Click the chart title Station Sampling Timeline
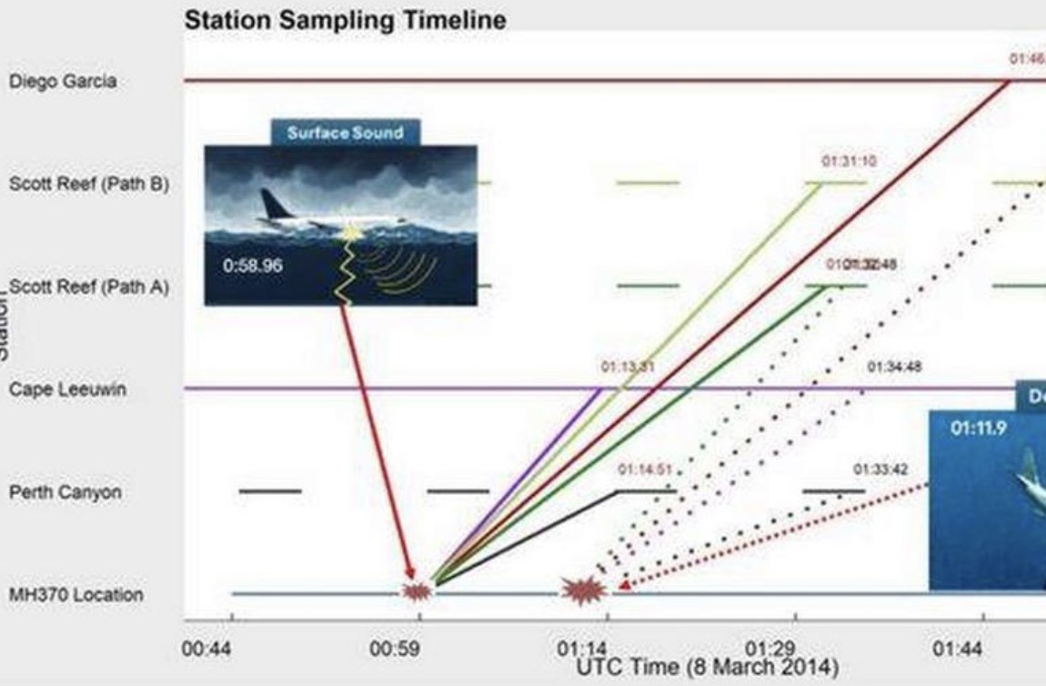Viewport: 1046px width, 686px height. (345, 20)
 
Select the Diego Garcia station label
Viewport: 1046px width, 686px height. (63, 81)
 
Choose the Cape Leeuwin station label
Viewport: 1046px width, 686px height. (67, 389)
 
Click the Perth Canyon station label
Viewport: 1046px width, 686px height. (65, 492)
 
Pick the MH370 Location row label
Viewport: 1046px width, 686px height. (75, 595)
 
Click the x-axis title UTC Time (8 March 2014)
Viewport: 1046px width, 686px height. (707, 667)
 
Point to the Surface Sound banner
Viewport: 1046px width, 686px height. (345, 133)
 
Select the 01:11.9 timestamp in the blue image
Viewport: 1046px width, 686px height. (980, 428)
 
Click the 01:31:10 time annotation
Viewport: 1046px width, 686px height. (849, 161)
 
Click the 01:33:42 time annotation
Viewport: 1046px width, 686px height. (880, 470)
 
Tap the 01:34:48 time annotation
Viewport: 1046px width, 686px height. (894, 368)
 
